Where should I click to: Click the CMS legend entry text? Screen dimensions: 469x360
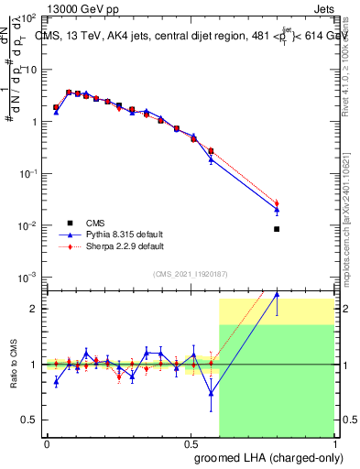(95, 222)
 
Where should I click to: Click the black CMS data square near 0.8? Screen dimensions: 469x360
(277, 229)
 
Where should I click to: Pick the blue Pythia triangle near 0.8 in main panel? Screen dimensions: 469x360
(277, 210)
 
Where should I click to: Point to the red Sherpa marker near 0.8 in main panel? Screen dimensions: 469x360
(277, 203)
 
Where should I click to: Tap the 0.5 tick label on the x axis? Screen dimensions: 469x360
(191, 443)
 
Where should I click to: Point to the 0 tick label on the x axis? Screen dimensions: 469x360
(47, 443)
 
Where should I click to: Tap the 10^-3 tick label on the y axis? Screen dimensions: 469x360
(26, 278)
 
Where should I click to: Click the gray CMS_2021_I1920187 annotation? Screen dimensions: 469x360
(191, 273)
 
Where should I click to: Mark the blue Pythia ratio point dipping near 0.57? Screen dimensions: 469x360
(212, 395)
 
